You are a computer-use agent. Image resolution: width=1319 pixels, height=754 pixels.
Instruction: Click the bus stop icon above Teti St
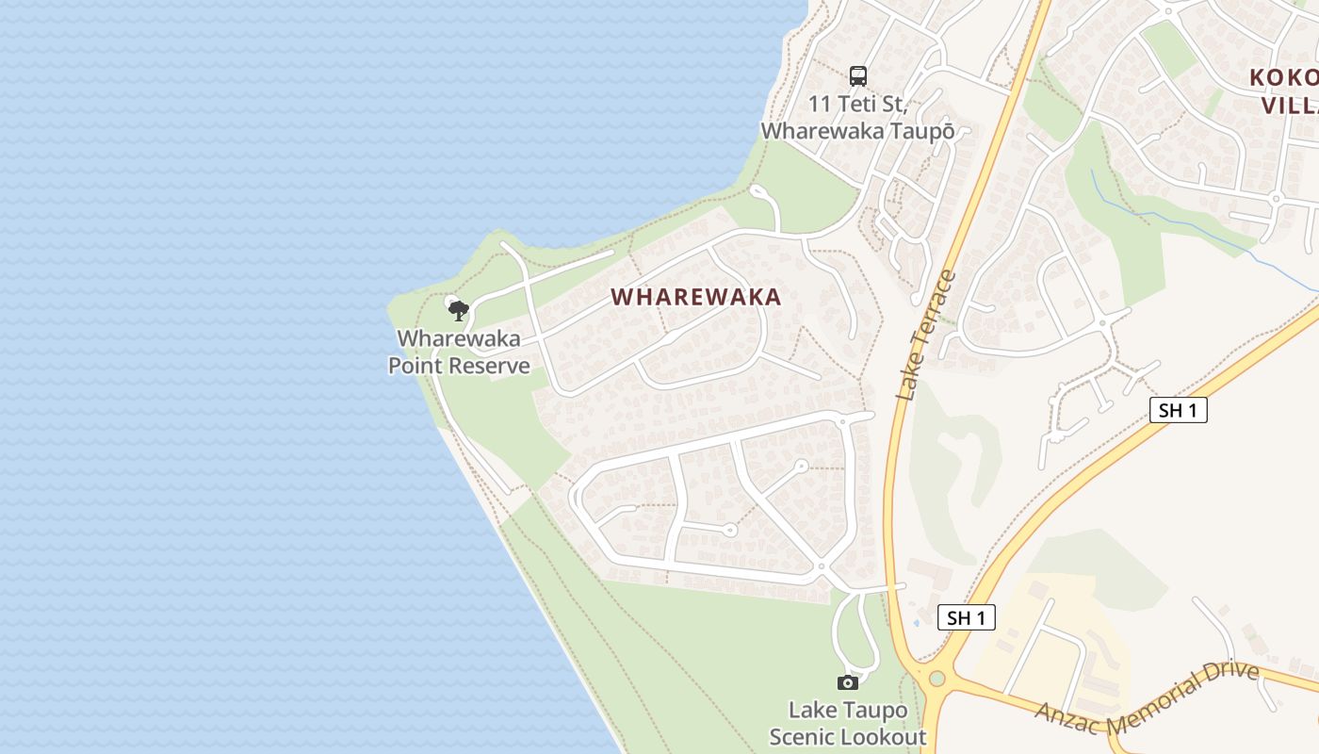click(857, 75)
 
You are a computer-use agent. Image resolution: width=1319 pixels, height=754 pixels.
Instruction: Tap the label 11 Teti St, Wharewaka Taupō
click(857, 117)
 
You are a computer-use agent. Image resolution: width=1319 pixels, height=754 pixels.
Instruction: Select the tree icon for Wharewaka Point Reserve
click(458, 309)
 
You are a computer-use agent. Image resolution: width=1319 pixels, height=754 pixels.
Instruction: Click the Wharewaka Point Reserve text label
click(459, 352)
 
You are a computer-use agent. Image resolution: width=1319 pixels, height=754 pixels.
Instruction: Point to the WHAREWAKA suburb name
click(696, 297)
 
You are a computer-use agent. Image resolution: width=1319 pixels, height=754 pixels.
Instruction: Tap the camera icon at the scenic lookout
click(848, 682)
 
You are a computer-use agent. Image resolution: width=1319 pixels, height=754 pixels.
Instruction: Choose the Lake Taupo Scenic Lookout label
click(848, 723)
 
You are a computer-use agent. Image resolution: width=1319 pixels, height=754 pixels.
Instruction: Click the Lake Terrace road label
click(926, 336)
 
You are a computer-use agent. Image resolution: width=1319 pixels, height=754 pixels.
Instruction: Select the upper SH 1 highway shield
click(1178, 410)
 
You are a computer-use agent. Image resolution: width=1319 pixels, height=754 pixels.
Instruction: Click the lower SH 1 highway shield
click(967, 617)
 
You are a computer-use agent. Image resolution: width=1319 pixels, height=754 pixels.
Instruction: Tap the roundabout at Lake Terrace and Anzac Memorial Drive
click(936, 678)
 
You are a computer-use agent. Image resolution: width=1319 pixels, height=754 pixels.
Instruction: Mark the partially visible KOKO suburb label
click(1283, 90)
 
